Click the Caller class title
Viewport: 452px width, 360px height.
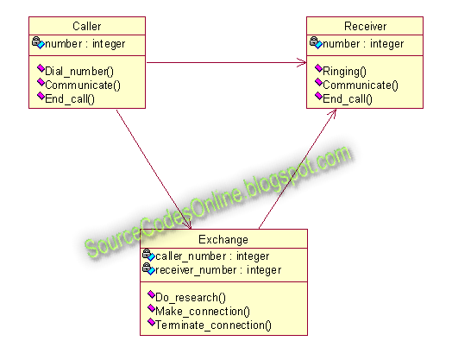coord(87,26)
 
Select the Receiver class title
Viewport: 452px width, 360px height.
coord(365,26)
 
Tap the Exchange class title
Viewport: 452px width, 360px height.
coord(223,240)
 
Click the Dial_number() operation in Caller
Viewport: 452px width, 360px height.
coord(79,72)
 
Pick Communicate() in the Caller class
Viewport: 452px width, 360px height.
coord(83,85)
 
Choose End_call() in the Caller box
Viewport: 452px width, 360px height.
coord(70,99)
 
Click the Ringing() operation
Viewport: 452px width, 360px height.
coord(344,72)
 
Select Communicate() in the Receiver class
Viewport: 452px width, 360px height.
coord(361,85)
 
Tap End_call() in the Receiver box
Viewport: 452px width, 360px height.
coord(348,99)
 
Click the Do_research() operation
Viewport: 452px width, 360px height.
coord(191,297)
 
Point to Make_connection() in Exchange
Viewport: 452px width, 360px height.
coord(203,312)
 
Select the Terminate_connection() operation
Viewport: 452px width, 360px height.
coord(213,325)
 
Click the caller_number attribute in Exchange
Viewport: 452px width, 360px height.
coord(212,256)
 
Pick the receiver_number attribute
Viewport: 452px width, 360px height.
coord(218,270)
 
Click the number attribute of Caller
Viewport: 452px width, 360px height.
coord(85,44)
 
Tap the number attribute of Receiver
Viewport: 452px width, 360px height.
coord(363,44)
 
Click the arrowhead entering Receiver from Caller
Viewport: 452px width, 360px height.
coord(302,62)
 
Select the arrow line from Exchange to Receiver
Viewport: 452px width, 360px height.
coord(298,169)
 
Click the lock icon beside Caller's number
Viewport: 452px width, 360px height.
coord(36,41)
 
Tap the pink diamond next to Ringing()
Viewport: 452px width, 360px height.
coord(318,68)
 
